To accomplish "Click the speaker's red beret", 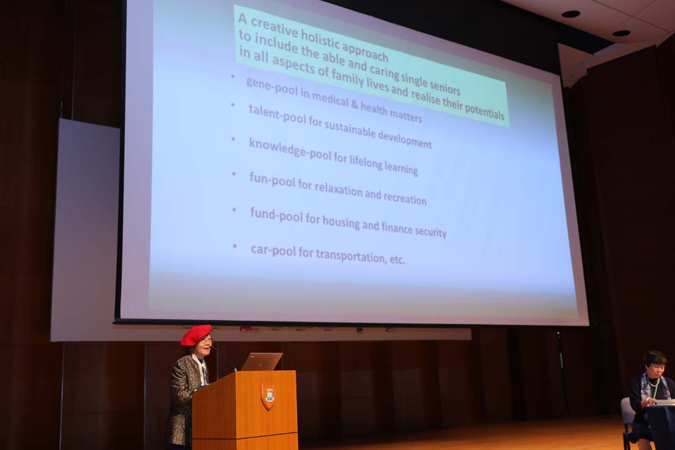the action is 196,335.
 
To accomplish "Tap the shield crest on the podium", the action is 268,396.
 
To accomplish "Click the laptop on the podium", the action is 261,362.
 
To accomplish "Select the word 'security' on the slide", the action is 430,231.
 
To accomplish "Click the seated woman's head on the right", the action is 655,364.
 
